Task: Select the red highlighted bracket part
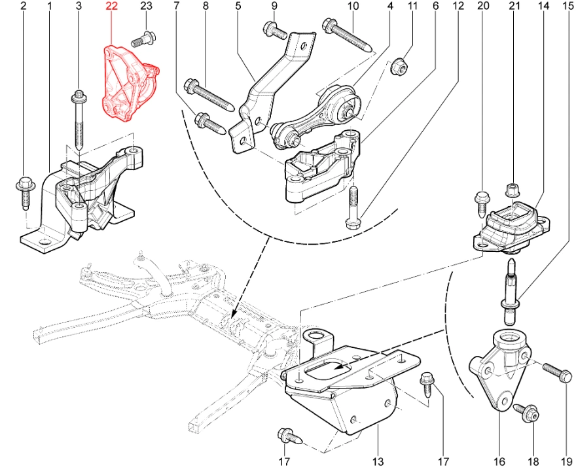point(129,83)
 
